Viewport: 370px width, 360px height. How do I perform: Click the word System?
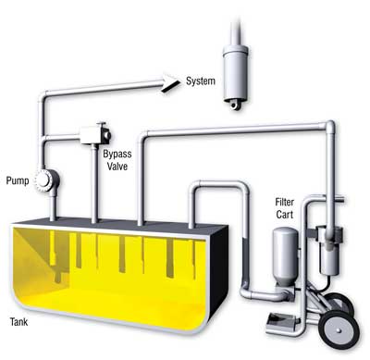pyautogui.click(x=201, y=81)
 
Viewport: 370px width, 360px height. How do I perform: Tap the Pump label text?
pyautogui.click(x=18, y=180)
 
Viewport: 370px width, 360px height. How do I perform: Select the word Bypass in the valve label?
pyautogui.click(x=117, y=155)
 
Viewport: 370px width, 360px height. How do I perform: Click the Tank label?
pyautogui.click(x=18, y=322)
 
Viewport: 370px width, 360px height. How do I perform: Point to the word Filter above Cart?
pyautogui.click(x=285, y=203)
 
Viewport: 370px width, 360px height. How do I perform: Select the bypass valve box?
pyautogui.click(x=95, y=134)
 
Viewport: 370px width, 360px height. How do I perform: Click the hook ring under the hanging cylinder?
pyautogui.click(x=234, y=106)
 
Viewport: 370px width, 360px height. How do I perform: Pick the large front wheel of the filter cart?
pyautogui.click(x=339, y=329)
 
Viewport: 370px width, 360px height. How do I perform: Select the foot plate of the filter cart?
pyautogui.click(x=281, y=321)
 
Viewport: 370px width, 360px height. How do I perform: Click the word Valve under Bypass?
pyautogui.click(x=117, y=167)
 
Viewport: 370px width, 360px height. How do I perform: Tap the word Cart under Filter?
pyautogui.click(x=285, y=215)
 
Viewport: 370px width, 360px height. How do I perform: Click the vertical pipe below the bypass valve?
pyautogui.click(x=94, y=184)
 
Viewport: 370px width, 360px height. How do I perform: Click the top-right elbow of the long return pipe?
pyautogui.click(x=329, y=126)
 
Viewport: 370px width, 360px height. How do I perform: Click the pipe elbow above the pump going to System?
pyautogui.click(x=43, y=96)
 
